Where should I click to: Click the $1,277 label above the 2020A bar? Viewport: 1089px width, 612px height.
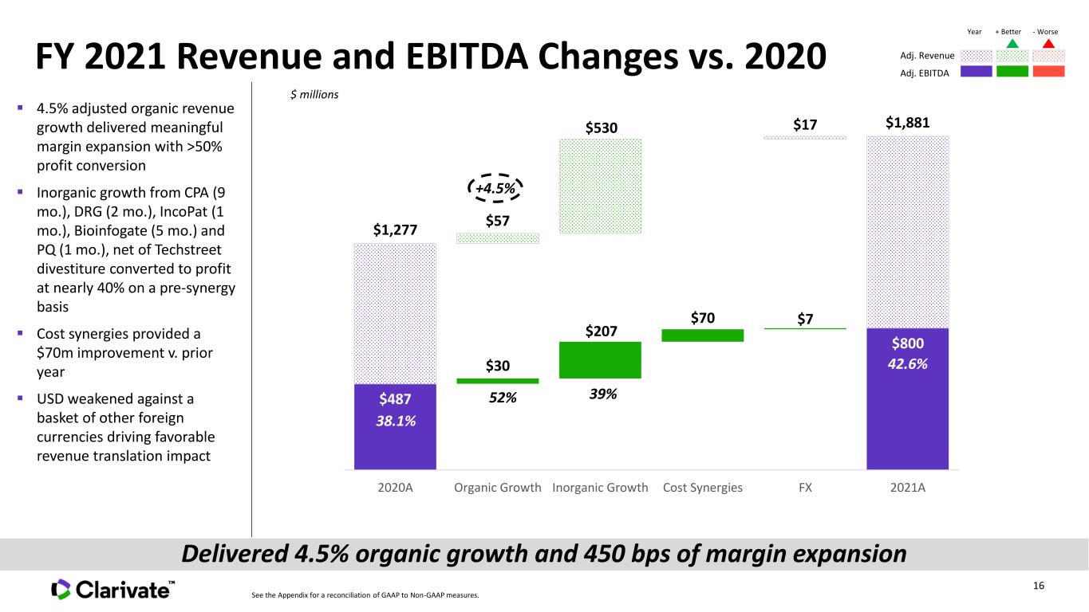coord(395,229)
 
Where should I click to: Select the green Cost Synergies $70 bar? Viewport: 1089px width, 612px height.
coord(703,335)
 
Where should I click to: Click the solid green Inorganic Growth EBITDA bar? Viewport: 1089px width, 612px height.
coord(600,360)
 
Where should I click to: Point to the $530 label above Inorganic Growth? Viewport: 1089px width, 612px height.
coord(602,128)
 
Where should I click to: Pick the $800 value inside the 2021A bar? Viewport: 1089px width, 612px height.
coord(908,343)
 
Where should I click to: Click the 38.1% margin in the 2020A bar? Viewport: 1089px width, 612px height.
coord(396,421)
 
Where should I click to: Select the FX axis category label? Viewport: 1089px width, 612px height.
coord(805,488)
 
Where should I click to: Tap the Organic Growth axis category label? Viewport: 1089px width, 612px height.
coord(497,488)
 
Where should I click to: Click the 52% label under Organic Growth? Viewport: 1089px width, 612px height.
coord(503,398)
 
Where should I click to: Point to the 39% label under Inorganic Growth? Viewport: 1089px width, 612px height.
coord(603,394)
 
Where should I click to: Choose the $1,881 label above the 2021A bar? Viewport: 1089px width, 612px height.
coord(908,123)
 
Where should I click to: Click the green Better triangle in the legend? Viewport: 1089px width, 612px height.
coord(1012,44)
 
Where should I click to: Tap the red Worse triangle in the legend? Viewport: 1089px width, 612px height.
coord(1048,44)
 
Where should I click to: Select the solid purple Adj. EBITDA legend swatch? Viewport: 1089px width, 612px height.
coord(977,72)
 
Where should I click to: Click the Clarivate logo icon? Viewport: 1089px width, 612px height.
coord(61,589)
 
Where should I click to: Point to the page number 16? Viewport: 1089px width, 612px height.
coord(1039,586)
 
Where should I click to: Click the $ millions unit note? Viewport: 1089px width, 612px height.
coord(314,94)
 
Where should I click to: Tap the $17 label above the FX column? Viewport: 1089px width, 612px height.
coord(805,125)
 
